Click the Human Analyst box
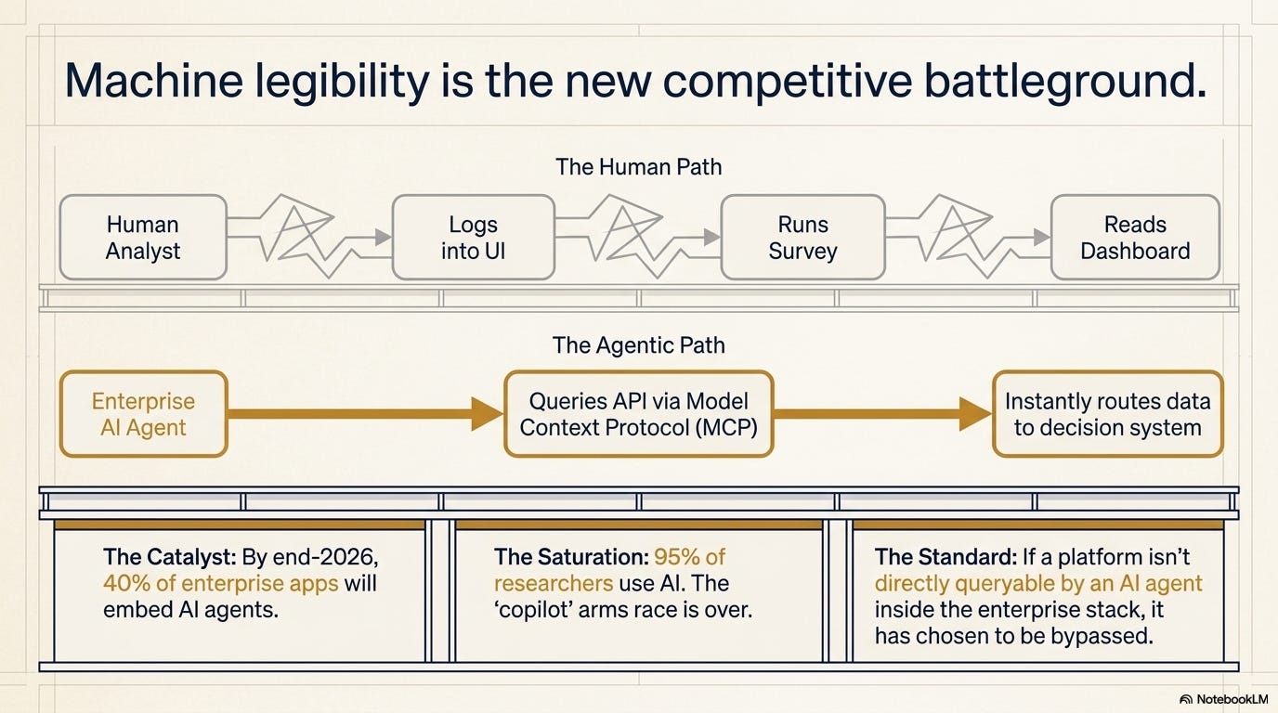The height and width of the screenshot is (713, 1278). click(x=143, y=238)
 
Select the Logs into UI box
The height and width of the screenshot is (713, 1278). click(x=474, y=238)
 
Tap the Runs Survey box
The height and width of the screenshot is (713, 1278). click(x=802, y=238)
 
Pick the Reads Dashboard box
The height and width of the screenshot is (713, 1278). click(x=1135, y=238)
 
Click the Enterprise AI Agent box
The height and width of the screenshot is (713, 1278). click(x=143, y=414)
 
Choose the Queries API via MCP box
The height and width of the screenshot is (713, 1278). click(x=638, y=414)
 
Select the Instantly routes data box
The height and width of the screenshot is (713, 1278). click(x=1107, y=414)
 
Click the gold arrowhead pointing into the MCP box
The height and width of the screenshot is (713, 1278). click(x=487, y=414)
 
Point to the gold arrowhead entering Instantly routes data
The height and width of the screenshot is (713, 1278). click(x=975, y=414)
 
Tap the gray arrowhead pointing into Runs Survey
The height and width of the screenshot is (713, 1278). click(x=712, y=237)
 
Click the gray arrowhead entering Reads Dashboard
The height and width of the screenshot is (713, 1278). click(x=1042, y=237)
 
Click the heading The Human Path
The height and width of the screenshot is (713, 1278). click(x=638, y=166)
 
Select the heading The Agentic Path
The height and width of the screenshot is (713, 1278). click(x=638, y=345)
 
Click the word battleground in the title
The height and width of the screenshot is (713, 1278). click(x=1065, y=81)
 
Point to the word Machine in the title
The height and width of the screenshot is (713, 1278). click(x=154, y=80)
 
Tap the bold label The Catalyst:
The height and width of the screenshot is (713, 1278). click(x=169, y=557)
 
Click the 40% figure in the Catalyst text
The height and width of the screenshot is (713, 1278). click(x=126, y=583)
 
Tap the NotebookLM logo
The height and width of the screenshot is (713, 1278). click(x=1224, y=699)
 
